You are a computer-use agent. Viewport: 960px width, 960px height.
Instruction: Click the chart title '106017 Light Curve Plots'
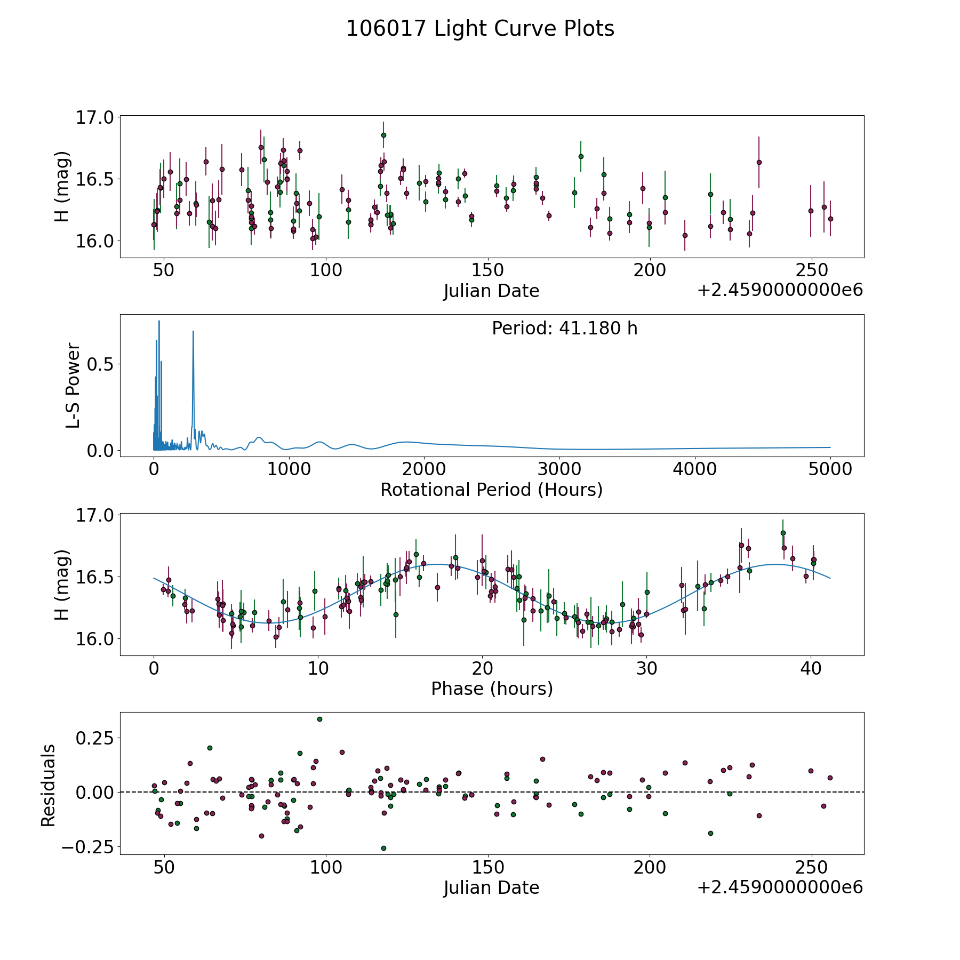[x=480, y=29]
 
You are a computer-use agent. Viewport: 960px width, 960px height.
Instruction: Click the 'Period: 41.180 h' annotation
[x=564, y=329]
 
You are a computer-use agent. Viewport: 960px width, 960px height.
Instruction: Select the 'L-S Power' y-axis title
[x=73, y=385]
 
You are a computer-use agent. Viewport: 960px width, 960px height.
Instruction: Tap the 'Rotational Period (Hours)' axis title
[x=491, y=490]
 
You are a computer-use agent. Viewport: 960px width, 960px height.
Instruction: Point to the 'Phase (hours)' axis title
[x=492, y=689]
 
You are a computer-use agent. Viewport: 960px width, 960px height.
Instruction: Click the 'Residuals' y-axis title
[x=49, y=786]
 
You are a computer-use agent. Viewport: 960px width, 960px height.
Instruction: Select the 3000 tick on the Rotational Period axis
[x=559, y=469]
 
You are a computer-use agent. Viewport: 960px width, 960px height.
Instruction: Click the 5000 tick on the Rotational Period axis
[x=830, y=469]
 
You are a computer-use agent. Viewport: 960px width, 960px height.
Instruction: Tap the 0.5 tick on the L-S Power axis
[x=101, y=364]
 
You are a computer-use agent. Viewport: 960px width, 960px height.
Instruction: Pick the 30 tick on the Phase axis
[x=646, y=668]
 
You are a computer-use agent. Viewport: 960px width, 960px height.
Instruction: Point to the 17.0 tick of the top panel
[x=94, y=117]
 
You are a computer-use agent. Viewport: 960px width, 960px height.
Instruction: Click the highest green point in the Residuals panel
[x=319, y=719]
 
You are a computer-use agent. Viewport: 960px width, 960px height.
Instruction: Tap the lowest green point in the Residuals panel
[x=383, y=848]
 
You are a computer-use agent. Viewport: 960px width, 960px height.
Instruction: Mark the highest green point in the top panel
[x=383, y=135]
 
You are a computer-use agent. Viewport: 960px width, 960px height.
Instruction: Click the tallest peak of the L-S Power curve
[x=159, y=321]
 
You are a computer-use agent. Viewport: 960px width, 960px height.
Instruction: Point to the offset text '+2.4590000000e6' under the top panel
[x=780, y=291]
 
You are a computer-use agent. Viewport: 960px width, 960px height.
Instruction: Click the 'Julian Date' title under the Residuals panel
[x=491, y=887]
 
